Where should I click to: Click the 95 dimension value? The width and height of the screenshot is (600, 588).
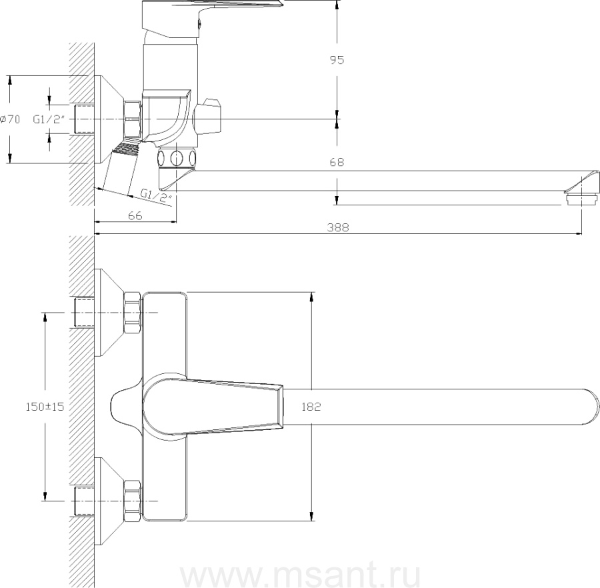click(337, 60)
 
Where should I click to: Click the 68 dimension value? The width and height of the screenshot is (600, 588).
click(337, 162)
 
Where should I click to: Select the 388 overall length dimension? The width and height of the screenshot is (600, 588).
click(338, 227)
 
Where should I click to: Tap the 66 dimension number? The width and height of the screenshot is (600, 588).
click(135, 216)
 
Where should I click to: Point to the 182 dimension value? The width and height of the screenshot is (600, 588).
click(311, 407)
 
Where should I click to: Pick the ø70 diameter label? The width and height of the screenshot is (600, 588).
click(10, 119)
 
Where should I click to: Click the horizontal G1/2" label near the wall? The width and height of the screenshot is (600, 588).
click(47, 120)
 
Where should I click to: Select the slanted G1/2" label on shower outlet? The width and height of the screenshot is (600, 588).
click(156, 195)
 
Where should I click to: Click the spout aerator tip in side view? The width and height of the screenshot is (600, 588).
click(581, 199)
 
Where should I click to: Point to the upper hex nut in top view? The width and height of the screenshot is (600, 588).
click(133, 313)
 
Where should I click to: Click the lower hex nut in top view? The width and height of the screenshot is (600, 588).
click(133, 501)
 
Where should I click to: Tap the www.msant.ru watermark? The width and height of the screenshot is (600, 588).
click(301, 573)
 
